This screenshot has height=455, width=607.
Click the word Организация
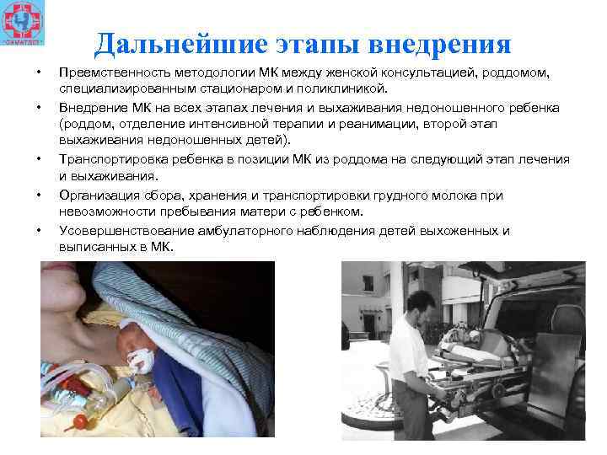98,195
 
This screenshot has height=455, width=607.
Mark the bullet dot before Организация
40,195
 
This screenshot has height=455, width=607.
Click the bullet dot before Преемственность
40,73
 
